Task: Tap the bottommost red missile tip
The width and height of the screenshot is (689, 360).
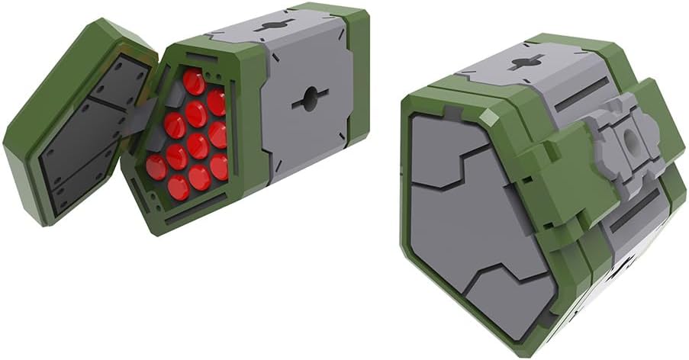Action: point(179,187)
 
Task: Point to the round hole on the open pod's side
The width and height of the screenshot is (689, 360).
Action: point(309,98)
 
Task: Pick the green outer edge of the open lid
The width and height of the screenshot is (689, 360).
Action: point(31,114)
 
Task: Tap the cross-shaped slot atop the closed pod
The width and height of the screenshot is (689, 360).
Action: point(524,63)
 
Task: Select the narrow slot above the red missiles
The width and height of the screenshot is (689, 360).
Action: point(200,60)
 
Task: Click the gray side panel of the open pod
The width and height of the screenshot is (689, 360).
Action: point(305,122)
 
